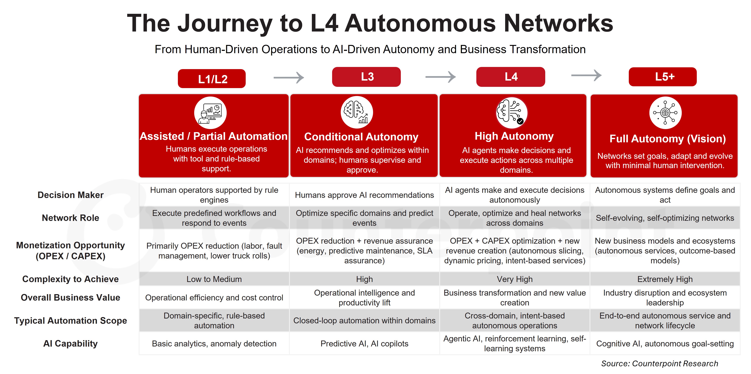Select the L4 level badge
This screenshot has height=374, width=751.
coord(511,77)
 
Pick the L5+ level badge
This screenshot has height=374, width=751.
coord(663,77)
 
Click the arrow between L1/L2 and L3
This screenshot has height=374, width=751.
coord(289,78)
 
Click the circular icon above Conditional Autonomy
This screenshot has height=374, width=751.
coord(357,112)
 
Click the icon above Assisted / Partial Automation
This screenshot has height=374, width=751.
coord(210,113)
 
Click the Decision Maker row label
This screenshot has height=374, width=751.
coord(71,195)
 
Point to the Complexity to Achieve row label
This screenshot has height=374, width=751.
coord(71,279)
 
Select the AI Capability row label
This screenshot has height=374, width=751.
coord(71,344)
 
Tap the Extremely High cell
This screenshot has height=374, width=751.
coord(665,279)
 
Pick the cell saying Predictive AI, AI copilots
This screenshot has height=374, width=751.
coord(364,344)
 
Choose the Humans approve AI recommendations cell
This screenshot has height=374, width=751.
coord(364,195)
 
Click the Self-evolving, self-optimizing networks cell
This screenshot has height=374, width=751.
coord(665,218)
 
